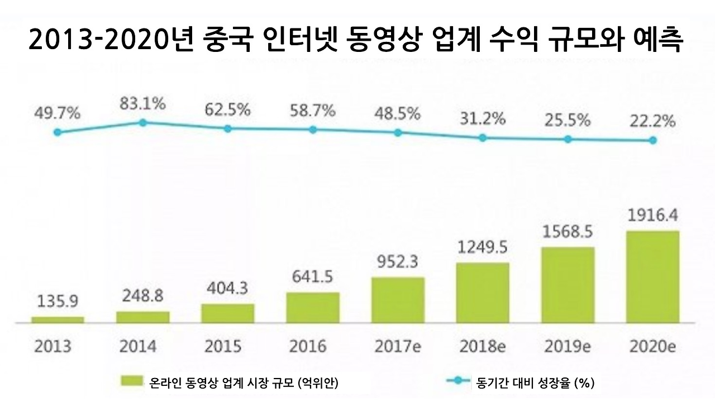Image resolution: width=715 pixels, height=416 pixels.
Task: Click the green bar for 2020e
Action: pyautogui.click(x=653, y=276)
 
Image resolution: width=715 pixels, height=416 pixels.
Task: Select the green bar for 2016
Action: pyautogui.click(x=313, y=307)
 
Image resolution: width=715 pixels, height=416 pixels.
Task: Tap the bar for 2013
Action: pyautogui.click(x=58, y=319)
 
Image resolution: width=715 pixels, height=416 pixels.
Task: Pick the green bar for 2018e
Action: pyautogui.click(x=483, y=293)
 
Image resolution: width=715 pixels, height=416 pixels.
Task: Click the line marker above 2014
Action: pyautogui.click(x=142, y=122)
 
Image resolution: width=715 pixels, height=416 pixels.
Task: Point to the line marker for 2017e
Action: pyautogui.click(x=398, y=132)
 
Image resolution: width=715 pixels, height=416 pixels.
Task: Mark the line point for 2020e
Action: pyautogui.click(x=652, y=141)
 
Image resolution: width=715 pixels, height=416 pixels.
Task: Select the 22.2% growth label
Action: pyautogui.click(x=652, y=121)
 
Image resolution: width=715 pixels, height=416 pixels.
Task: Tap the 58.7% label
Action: pyautogui.click(x=312, y=111)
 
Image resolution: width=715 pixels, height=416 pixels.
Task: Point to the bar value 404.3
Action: pyautogui.click(x=227, y=290)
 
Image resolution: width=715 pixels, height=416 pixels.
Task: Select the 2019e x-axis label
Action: pyautogui.click(x=568, y=346)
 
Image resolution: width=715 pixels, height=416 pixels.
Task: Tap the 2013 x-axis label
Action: pyautogui.click(x=53, y=346)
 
